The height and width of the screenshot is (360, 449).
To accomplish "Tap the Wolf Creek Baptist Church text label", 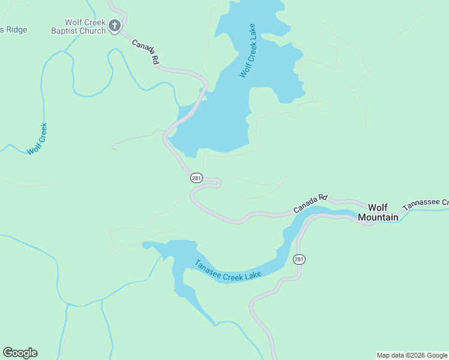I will click(x=79, y=26).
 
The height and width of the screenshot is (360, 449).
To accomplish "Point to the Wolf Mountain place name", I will click(x=378, y=212).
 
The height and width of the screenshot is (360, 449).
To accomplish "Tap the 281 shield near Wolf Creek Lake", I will click(x=196, y=178).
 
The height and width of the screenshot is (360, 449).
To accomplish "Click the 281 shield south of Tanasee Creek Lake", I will click(x=300, y=259).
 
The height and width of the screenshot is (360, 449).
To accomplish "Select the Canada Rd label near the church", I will click(x=145, y=52).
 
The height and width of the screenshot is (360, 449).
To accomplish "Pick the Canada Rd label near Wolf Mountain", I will click(x=311, y=204).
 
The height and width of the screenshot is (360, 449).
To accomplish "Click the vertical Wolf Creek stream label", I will click(x=37, y=139).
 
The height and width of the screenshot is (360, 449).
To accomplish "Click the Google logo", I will click(x=20, y=353).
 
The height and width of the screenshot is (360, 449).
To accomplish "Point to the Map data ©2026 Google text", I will click(x=412, y=355).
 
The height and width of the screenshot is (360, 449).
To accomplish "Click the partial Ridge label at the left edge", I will click(x=13, y=29).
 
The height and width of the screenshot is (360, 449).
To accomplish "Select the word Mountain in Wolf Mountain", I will click(x=378, y=217).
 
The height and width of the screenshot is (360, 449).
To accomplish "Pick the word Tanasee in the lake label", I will click(x=206, y=267).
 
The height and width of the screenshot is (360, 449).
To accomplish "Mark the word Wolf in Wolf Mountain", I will click(x=379, y=207).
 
